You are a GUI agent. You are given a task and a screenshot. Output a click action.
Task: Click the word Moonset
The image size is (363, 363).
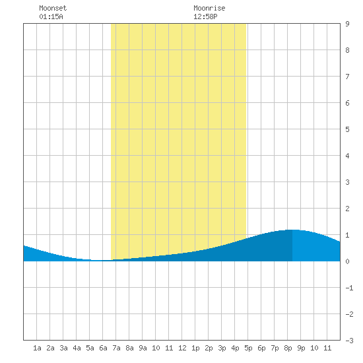click(x=53, y=8)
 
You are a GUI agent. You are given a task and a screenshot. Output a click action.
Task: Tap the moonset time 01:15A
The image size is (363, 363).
click(x=51, y=16)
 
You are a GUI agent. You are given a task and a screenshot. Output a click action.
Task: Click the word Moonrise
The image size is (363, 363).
click(x=209, y=8)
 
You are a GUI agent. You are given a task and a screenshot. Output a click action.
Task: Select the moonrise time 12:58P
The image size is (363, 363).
click(x=205, y=16)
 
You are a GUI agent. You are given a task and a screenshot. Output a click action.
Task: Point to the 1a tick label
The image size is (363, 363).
click(x=37, y=348)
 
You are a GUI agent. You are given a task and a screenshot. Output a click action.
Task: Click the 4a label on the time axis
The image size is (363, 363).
click(x=77, y=348)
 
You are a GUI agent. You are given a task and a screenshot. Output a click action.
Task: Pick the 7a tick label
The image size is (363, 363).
click(x=116, y=348)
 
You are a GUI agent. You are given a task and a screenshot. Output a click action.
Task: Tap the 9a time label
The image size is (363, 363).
click(x=143, y=348)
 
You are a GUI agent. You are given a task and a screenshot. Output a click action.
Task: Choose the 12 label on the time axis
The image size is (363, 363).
click(x=182, y=348)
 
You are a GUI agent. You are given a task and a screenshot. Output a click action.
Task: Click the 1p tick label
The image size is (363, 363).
click(x=195, y=348)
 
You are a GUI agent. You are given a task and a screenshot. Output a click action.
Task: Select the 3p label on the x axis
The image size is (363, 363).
click(x=222, y=348)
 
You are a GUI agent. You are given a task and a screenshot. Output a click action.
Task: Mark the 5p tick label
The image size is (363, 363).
click(x=248, y=348)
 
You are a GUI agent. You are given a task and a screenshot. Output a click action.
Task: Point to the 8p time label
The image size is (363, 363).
click(x=288, y=348)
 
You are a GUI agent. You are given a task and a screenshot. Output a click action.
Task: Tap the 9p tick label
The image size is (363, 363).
click(x=301, y=348)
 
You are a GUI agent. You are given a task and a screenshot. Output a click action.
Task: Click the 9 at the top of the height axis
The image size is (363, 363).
click(x=347, y=24)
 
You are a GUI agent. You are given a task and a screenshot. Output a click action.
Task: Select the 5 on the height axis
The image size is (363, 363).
click(x=347, y=129)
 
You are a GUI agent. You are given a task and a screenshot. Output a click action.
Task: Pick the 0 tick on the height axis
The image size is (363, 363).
click(x=347, y=261)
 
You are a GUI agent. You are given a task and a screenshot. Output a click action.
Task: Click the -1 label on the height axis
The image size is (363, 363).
click(x=349, y=288)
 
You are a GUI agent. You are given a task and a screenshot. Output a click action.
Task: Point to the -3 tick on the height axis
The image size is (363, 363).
click(x=349, y=341)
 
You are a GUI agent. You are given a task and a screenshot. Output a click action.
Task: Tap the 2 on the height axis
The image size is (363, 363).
click(x=347, y=209)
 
